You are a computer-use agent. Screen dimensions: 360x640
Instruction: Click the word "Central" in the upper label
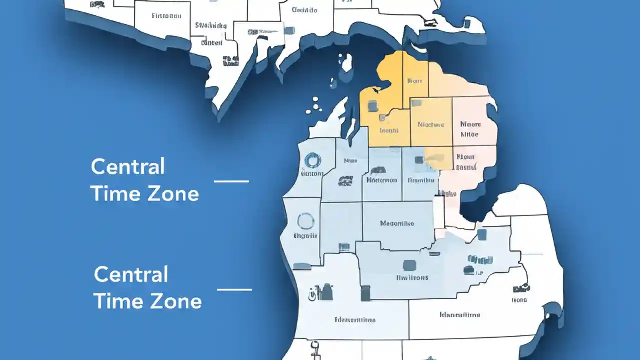pyautogui.click(x=128, y=167)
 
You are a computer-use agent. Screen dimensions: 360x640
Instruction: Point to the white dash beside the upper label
pyautogui.click(x=231, y=181)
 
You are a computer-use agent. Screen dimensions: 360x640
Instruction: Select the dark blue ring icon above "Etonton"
pyautogui.click(x=312, y=160)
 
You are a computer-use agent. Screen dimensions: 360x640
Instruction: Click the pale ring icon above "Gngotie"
pyautogui.click(x=306, y=221)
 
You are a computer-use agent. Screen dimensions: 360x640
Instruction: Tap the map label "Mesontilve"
pyautogui.click(x=397, y=223)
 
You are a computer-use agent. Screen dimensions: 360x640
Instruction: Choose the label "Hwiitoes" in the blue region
pyautogui.click(x=412, y=277)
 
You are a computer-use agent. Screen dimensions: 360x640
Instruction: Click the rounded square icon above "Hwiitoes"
pyautogui.click(x=409, y=264)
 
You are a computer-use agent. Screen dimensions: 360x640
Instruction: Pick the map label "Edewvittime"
pyautogui.click(x=355, y=320)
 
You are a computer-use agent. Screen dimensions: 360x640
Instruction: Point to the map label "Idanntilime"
pyautogui.click(x=460, y=315)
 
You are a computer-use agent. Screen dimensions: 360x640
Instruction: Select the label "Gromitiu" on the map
pyautogui.click(x=421, y=180)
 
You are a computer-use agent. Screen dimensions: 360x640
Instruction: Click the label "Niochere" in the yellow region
pyautogui.click(x=431, y=124)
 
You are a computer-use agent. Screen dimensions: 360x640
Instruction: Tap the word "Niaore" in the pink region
pyautogui.click(x=470, y=124)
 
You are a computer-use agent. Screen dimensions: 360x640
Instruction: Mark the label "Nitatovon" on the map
pyautogui.click(x=382, y=180)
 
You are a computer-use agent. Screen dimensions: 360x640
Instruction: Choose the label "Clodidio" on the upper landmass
pyautogui.click(x=304, y=10)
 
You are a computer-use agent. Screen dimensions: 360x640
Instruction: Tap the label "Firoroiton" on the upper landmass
pyautogui.click(x=166, y=16)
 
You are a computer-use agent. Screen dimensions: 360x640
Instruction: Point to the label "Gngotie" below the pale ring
pyautogui.click(x=305, y=236)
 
